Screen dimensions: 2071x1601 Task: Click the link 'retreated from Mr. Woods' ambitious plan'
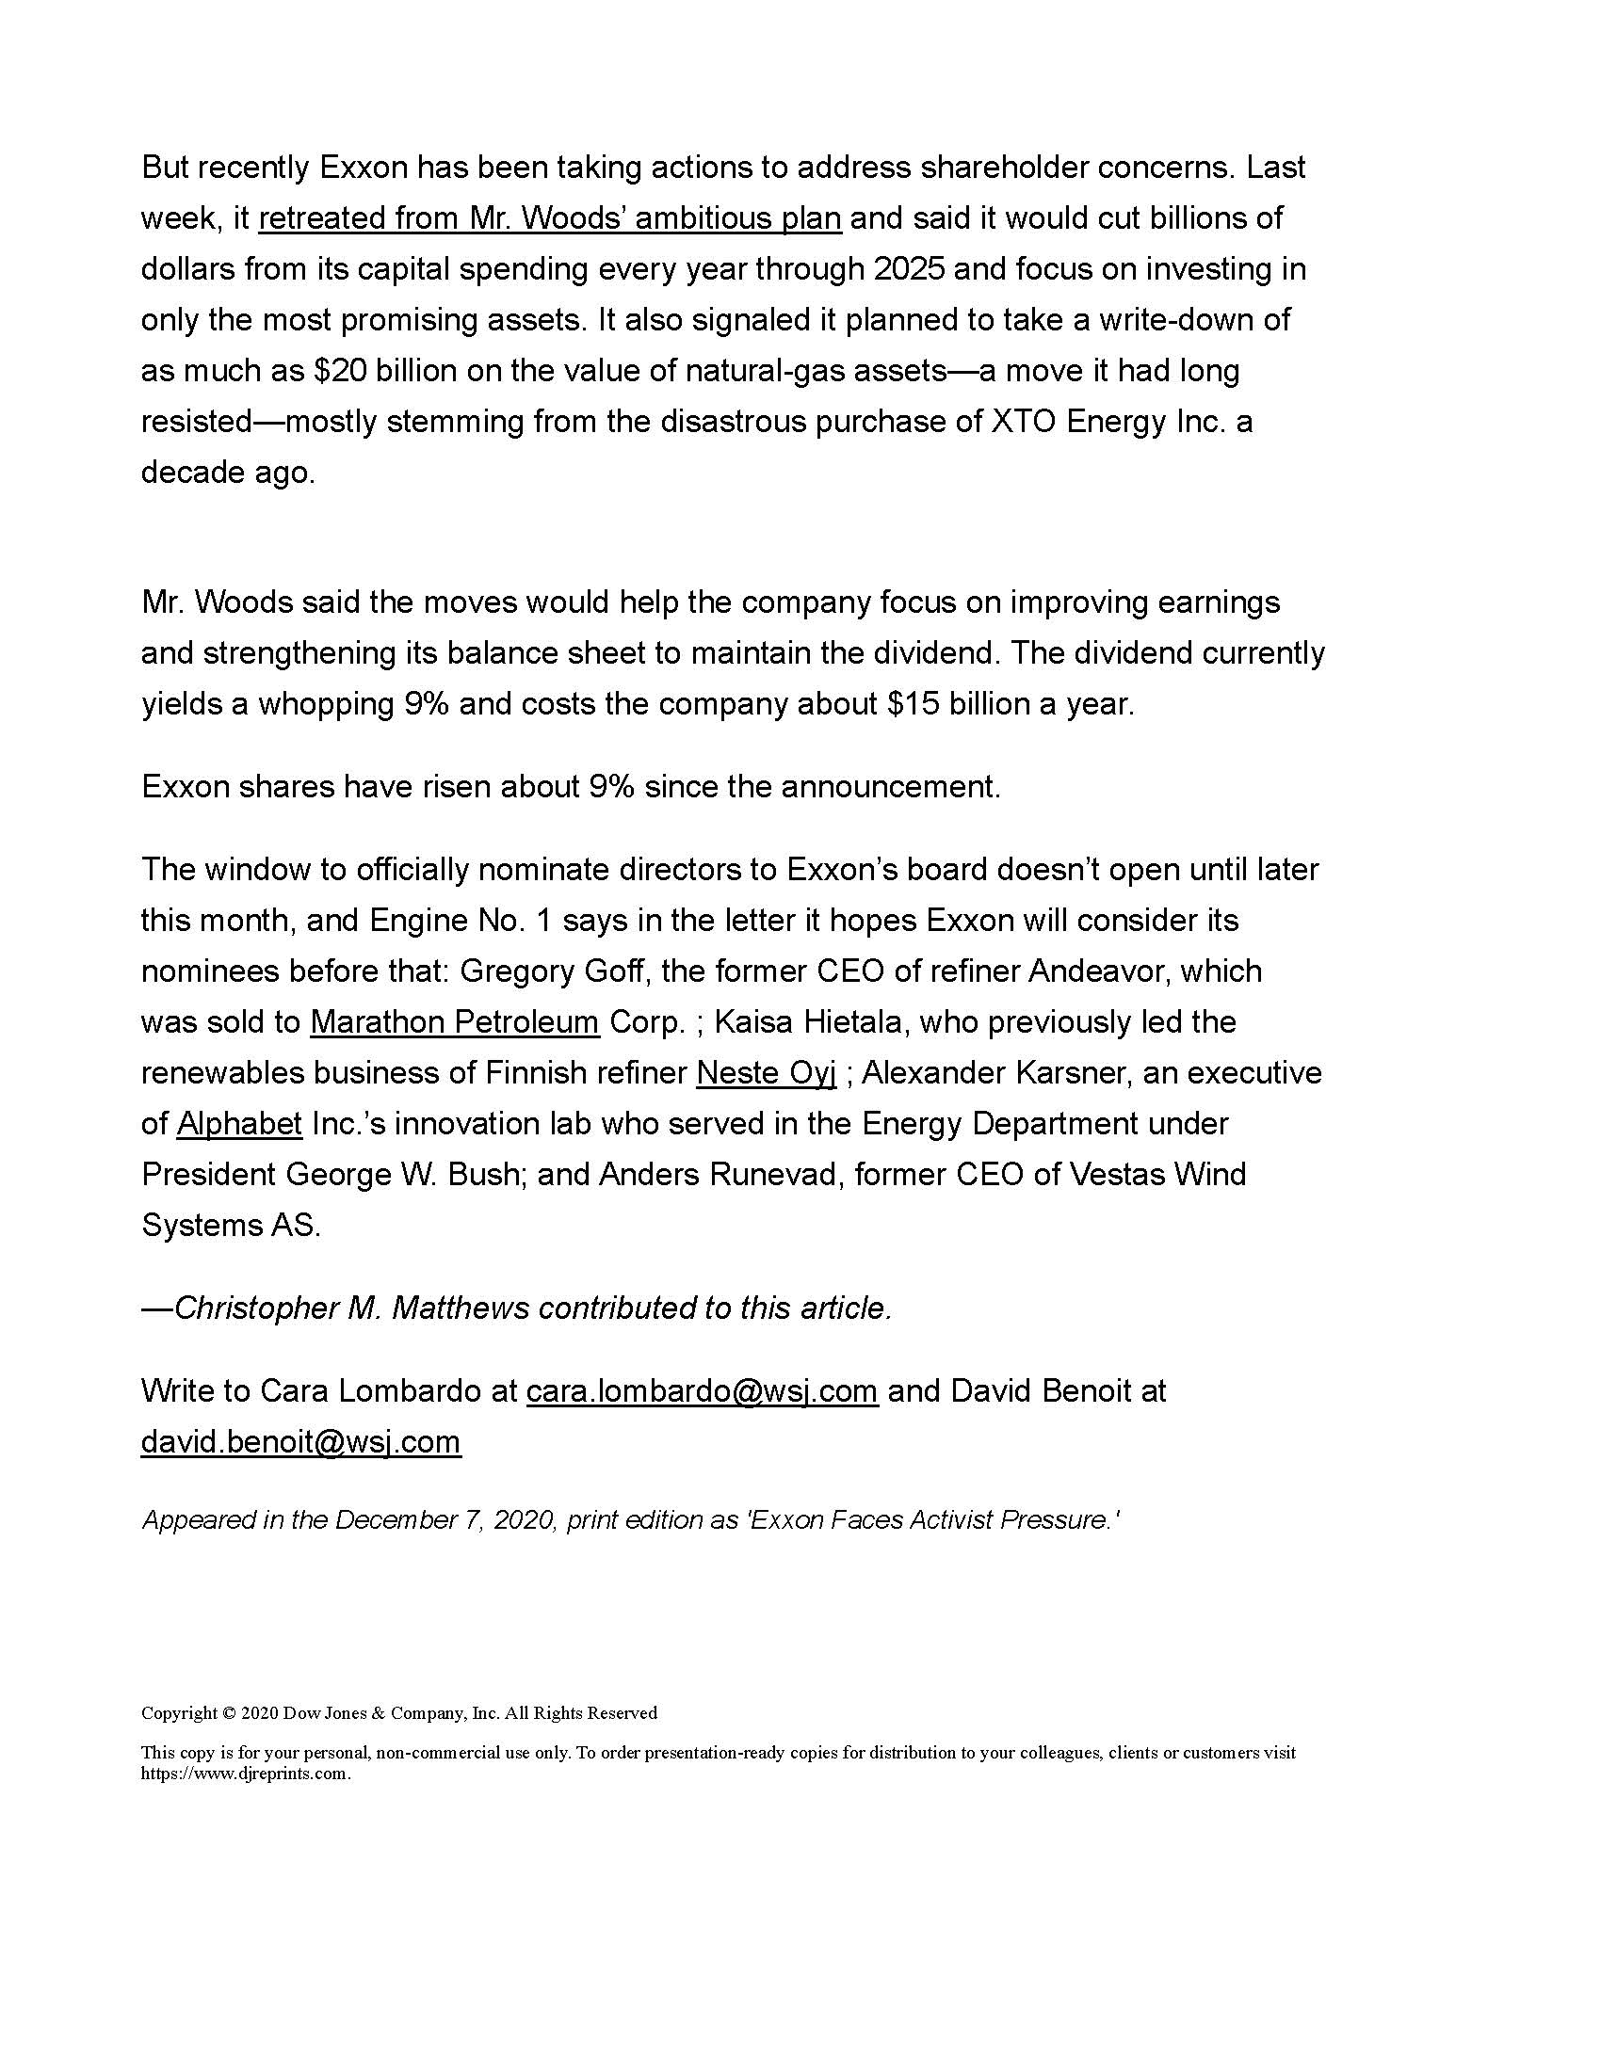point(549,218)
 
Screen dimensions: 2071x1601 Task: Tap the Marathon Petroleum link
point(454,1021)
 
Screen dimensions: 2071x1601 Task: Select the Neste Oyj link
point(766,1072)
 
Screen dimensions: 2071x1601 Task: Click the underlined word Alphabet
point(239,1124)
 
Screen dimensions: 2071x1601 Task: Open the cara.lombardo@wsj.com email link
point(701,1391)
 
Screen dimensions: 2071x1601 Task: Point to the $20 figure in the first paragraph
point(340,371)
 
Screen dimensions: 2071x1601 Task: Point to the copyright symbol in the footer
point(228,1713)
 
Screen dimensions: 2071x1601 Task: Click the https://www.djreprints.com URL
point(245,1774)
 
